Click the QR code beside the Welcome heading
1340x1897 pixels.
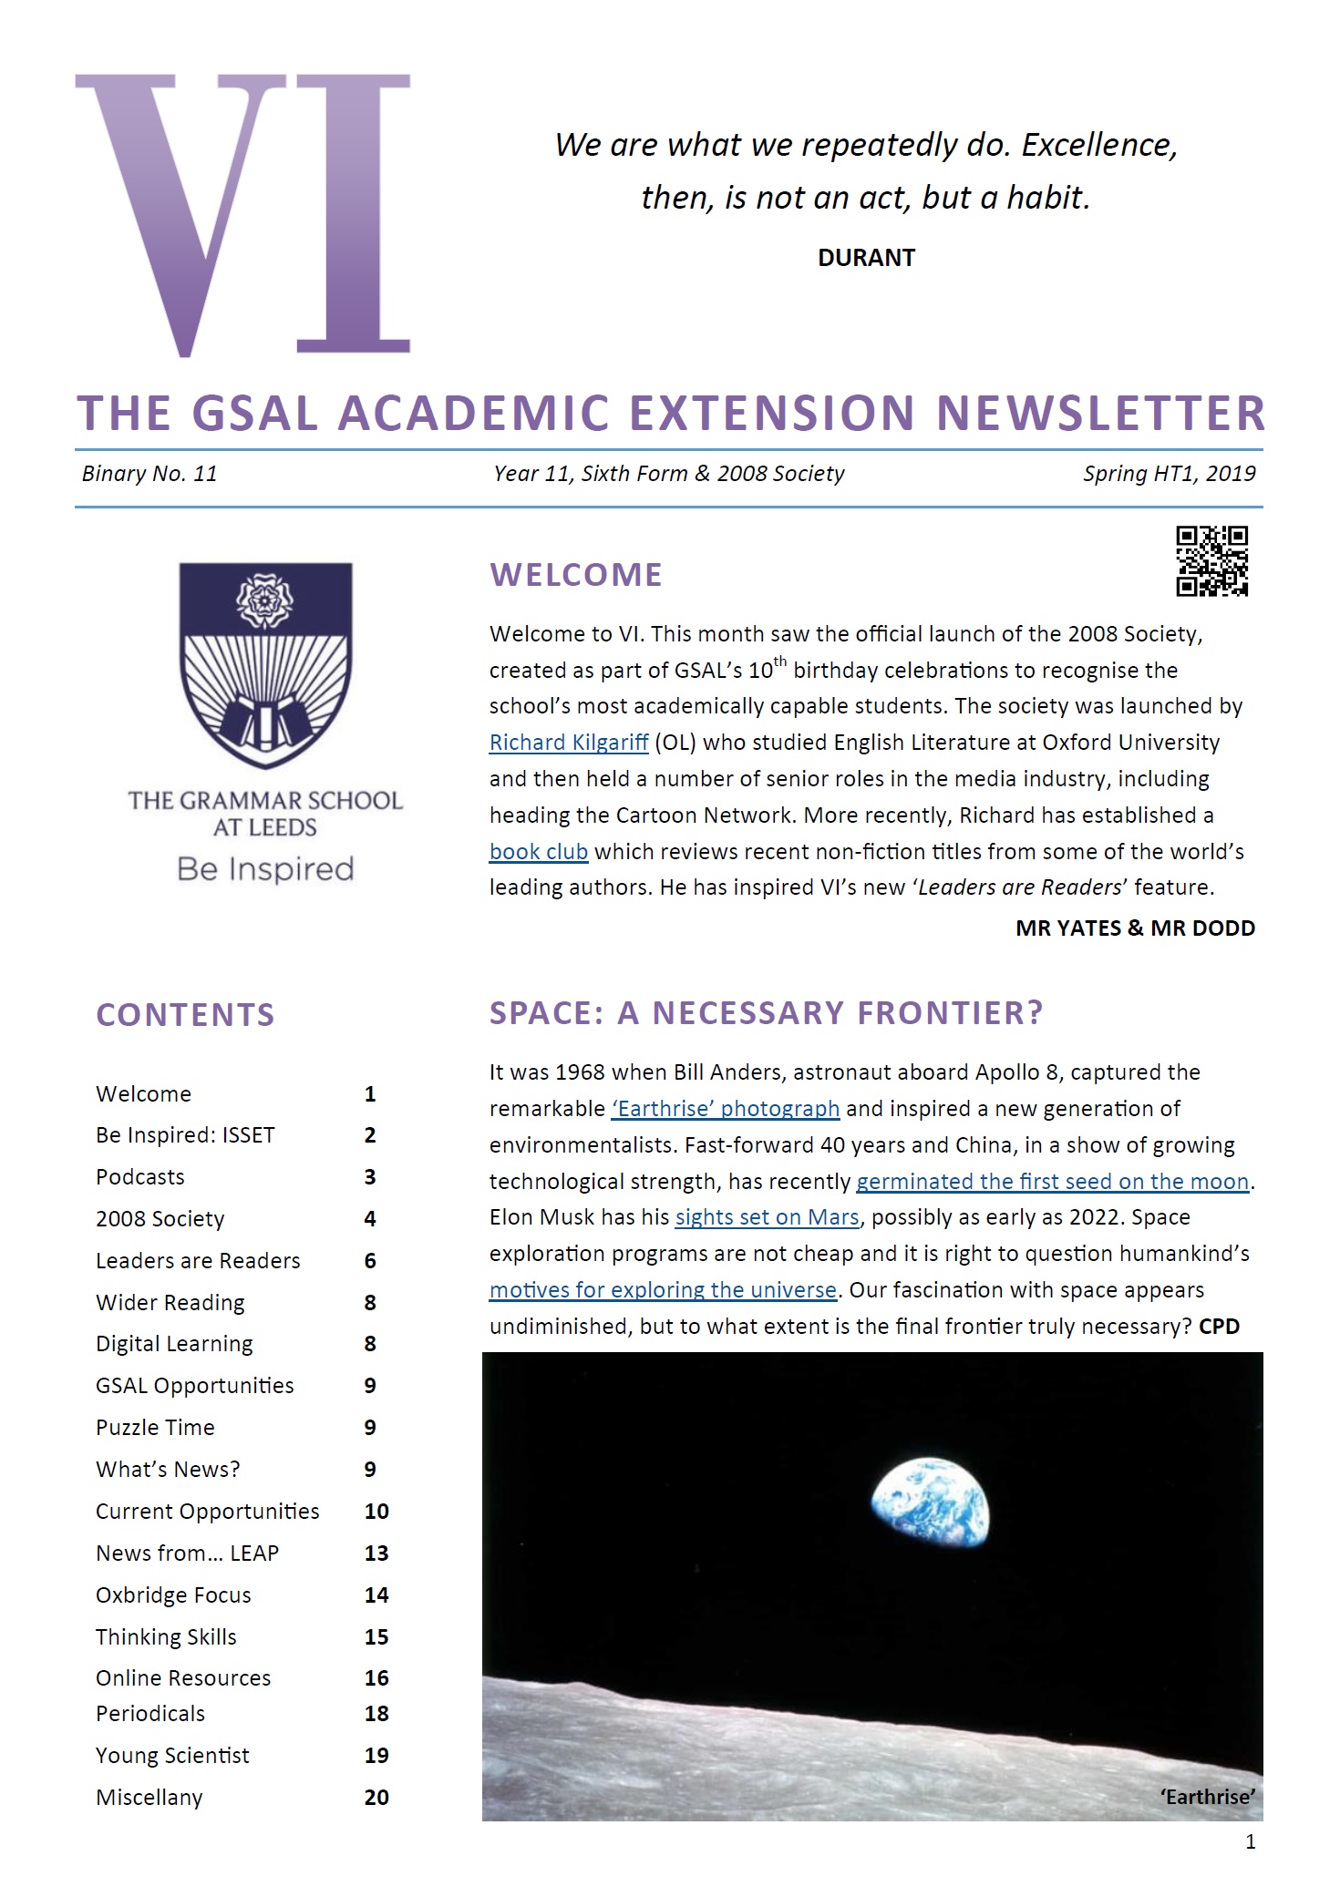(x=1211, y=561)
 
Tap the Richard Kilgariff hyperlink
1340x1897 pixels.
(x=569, y=743)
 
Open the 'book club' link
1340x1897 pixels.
(x=539, y=852)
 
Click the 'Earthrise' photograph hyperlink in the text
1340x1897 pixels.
(x=726, y=1109)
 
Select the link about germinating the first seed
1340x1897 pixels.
(x=1052, y=1182)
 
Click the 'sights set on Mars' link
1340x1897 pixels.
(x=767, y=1217)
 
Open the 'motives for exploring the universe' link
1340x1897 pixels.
(x=663, y=1290)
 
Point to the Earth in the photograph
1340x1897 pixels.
(x=930, y=1502)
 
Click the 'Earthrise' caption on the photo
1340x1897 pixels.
(x=1207, y=1797)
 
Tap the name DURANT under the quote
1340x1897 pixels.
(x=866, y=258)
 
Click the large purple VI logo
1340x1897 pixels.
(x=242, y=215)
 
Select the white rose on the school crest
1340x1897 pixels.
(x=265, y=599)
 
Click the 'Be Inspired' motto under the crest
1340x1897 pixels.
(x=265, y=869)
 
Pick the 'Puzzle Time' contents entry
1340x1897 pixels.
(x=155, y=1428)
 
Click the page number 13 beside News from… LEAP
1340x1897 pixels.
(x=376, y=1553)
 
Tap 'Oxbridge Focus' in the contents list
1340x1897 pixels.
(x=173, y=1595)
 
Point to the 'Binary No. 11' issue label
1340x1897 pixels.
(x=149, y=474)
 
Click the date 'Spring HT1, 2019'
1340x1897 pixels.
(x=1169, y=474)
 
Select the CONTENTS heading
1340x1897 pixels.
(x=185, y=1015)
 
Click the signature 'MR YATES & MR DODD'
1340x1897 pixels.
(x=1135, y=928)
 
